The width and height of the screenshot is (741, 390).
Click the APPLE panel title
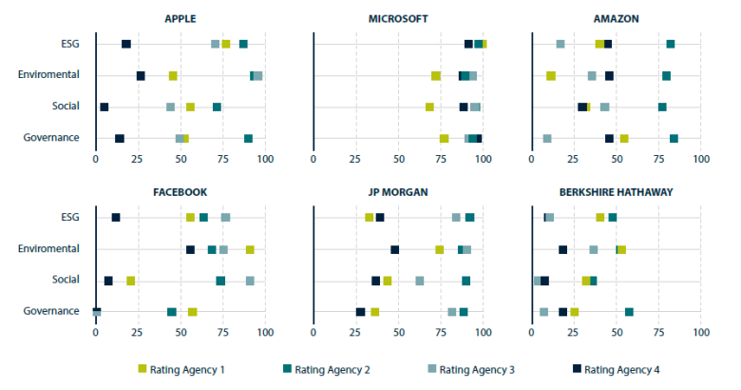pos(180,18)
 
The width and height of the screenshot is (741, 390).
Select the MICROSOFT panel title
pos(398,18)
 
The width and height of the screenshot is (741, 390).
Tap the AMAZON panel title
pos(616,18)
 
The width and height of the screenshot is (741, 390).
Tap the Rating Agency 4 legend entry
pos(615,369)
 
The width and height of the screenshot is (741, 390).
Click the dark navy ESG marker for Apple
pos(126,44)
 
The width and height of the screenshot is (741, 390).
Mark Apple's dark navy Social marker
pos(104,107)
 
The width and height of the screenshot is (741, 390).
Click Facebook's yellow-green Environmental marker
pos(250,249)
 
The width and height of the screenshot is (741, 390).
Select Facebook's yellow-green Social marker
pos(131,281)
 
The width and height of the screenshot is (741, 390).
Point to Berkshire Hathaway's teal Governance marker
pos(629,311)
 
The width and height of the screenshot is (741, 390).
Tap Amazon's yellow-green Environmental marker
pos(551,75)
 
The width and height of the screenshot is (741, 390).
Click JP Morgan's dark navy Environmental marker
pos(395,249)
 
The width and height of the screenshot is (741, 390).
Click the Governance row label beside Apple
pos(50,138)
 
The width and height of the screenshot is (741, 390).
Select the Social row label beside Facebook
pos(64,281)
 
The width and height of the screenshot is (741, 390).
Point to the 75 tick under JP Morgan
pos(441,332)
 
